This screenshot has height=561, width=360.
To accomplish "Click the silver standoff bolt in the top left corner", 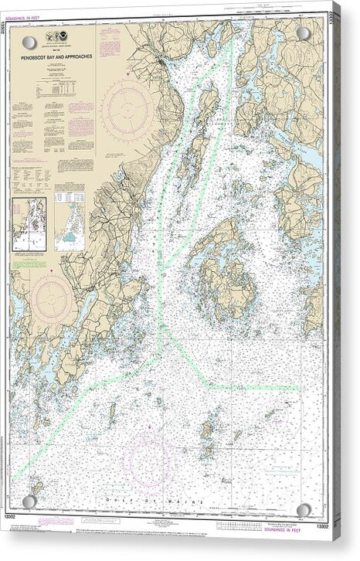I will point(29,42).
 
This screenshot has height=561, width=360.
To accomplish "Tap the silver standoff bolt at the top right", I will point(304,34).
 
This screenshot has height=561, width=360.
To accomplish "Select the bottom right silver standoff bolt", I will point(304,509).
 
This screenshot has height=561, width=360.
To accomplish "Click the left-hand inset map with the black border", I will point(29,224).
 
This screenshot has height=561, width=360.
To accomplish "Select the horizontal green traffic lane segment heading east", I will point(255,386).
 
